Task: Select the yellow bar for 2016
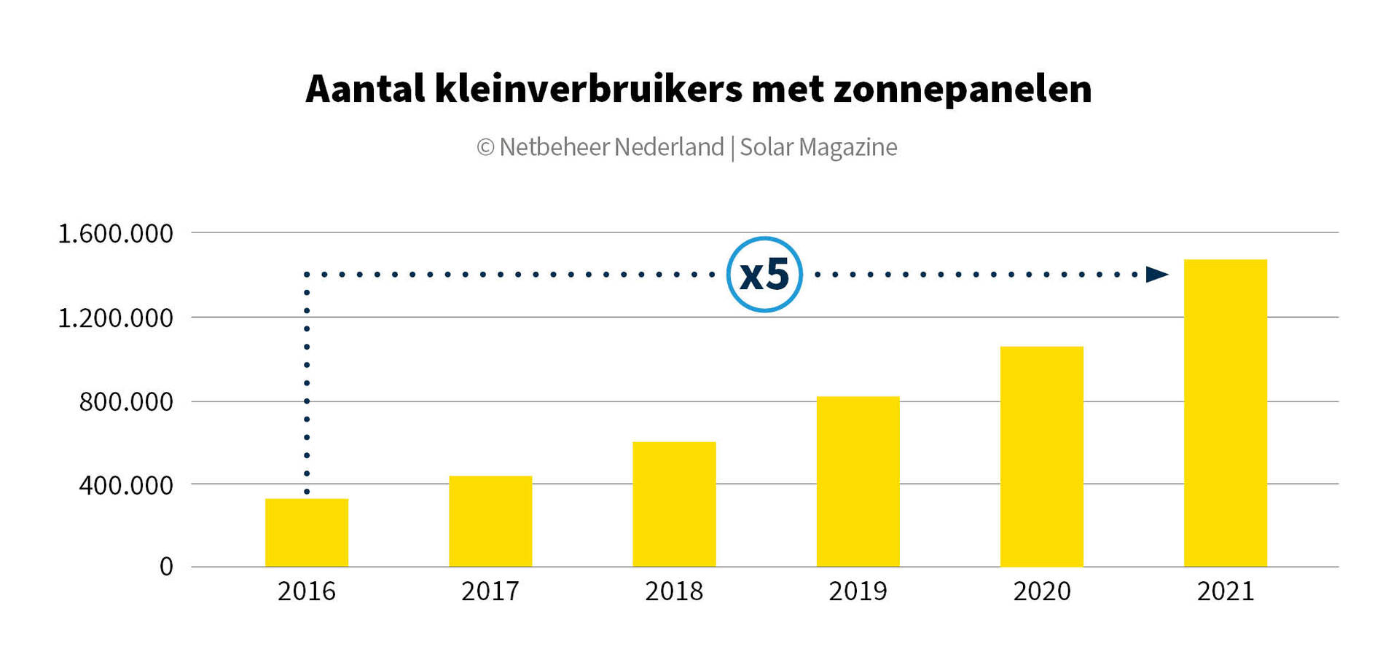pyautogui.click(x=307, y=532)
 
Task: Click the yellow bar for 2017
pyautogui.click(x=490, y=521)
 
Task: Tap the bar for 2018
pyautogui.click(x=674, y=504)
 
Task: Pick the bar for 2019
pyautogui.click(x=858, y=481)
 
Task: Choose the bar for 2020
pyautogui.click(x=1041, y=457)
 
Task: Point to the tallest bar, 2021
pyautogui.click(x=1225, y=413)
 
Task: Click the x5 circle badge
pyautogui.click(x=764, y=275)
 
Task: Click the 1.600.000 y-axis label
pyautogui.click(x=115, y=234)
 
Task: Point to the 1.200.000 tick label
pyautogui.click(x=115, y=318)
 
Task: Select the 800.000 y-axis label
pyautogui.click(x=126, y=402)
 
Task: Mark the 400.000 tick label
pyautogui.click(x=126, y=485)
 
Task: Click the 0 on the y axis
pyautogui.click(x=166, y=567)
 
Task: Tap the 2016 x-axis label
pyautogui.click(x=307, y=591)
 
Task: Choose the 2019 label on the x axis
pyautogui.click(x=858, y=591)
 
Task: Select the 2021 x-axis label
pyautogui.click(x=1225, y=591)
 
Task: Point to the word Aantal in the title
pyautogui.click(x=365, y=90)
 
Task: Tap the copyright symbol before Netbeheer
pyautogui.click(x=485, y=148)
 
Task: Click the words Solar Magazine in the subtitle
pyautogui.click(x=818, y=147)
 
